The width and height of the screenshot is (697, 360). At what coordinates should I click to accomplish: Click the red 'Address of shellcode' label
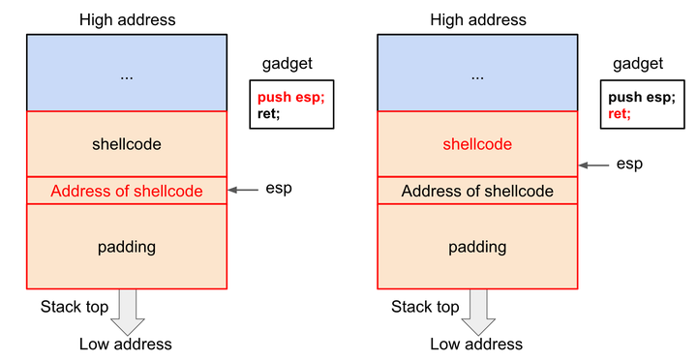[127, 191]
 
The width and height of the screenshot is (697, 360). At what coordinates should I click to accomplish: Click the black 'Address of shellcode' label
[477, 191]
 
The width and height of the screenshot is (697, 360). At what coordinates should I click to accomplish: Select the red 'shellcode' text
[477, 144]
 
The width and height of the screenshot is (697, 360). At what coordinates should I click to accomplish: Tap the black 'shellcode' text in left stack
[127, 144]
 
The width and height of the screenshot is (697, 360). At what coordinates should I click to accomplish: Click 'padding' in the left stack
[127, 247]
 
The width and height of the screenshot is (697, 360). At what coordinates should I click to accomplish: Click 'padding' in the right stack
[477, 247]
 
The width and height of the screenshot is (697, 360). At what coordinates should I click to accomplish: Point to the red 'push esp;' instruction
[290, 98]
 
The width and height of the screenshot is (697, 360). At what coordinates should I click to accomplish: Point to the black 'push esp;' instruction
[641, 98]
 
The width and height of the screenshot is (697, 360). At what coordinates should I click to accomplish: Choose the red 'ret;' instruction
[620, 113]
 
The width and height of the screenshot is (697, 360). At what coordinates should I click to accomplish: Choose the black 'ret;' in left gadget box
[269, 113]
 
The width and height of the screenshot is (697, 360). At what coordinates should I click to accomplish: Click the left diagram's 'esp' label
[279, 188]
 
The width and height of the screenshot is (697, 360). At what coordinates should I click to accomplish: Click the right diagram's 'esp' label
[629, 165]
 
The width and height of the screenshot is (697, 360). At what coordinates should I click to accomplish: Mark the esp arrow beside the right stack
[595, 165]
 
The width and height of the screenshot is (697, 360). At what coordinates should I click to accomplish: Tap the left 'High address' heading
[126, 19]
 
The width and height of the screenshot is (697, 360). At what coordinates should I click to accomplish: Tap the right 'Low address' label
[476, 344]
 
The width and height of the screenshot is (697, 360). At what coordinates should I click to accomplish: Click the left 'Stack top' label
[74, 307]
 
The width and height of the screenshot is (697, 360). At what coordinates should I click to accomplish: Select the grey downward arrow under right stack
[477, 310]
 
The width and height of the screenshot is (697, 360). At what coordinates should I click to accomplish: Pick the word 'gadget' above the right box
[638, 64]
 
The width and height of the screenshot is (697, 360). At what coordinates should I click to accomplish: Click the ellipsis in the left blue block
[127, 75]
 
